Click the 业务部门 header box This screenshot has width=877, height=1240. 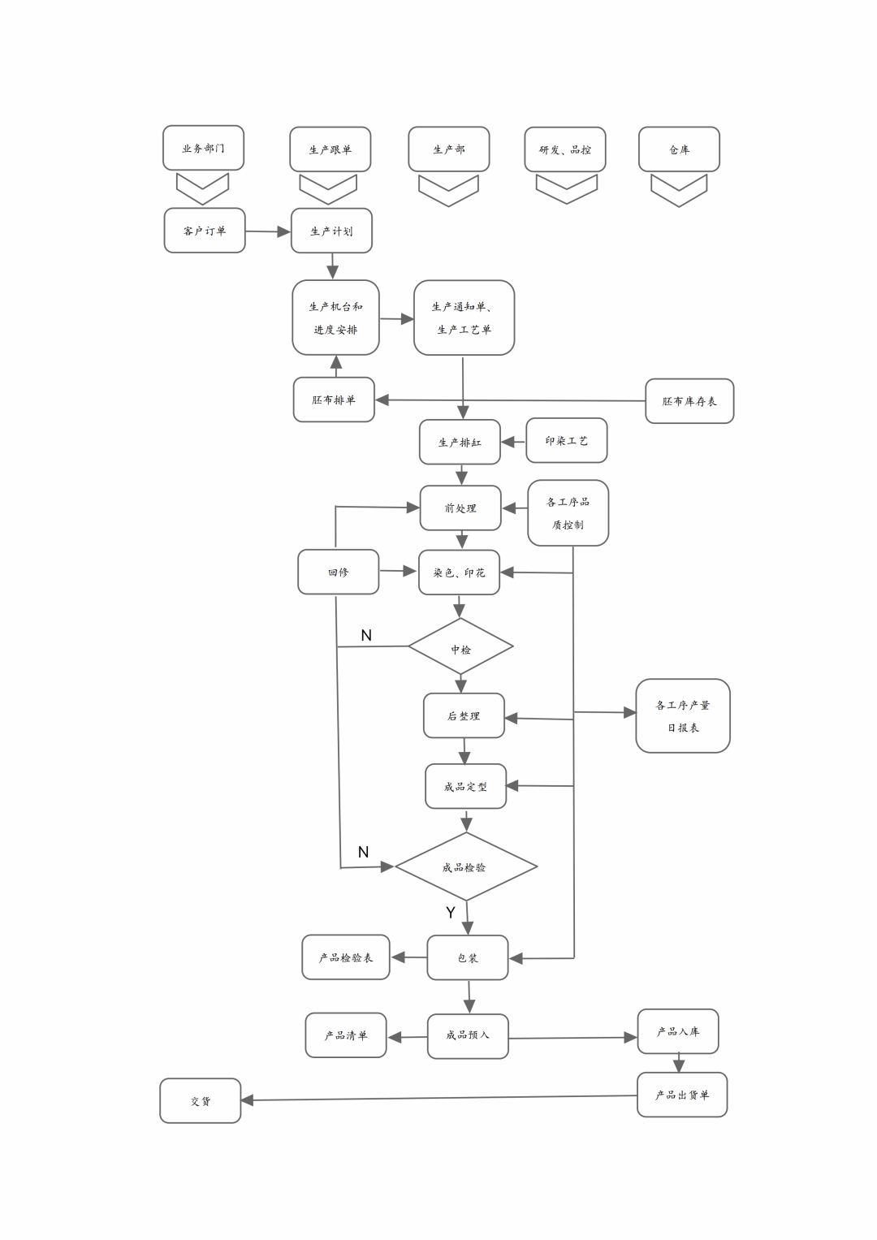coord(203,148)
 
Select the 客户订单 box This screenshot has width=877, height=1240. coord(205,231)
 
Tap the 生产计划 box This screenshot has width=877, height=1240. coord(331,231)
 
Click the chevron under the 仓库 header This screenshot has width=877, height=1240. coord(679,191)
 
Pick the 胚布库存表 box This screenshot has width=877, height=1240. coord(689,401)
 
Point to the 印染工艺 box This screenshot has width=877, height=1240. coord(567,440)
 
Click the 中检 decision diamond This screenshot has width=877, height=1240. coord(460,647)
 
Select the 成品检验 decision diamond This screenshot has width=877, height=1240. coord(465,866)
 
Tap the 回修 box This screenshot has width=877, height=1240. coord(338,572)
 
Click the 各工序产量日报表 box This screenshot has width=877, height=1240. coord(683,715)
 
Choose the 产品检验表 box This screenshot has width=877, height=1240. coord(346,957)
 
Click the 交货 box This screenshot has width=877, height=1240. coord(201,1100)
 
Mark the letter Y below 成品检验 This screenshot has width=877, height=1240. coord(451,913)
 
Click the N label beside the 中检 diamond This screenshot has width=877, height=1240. coord(366,635)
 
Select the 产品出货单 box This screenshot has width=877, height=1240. coord(682,1095)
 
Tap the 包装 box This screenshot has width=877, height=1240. coord(468,957)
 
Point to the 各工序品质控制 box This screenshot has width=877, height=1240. coord(568,512)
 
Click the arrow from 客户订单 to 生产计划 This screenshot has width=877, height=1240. coord(268,231)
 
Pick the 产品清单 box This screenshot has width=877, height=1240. coord(346,1035)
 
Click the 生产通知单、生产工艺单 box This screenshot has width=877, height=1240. coord(464,318)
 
